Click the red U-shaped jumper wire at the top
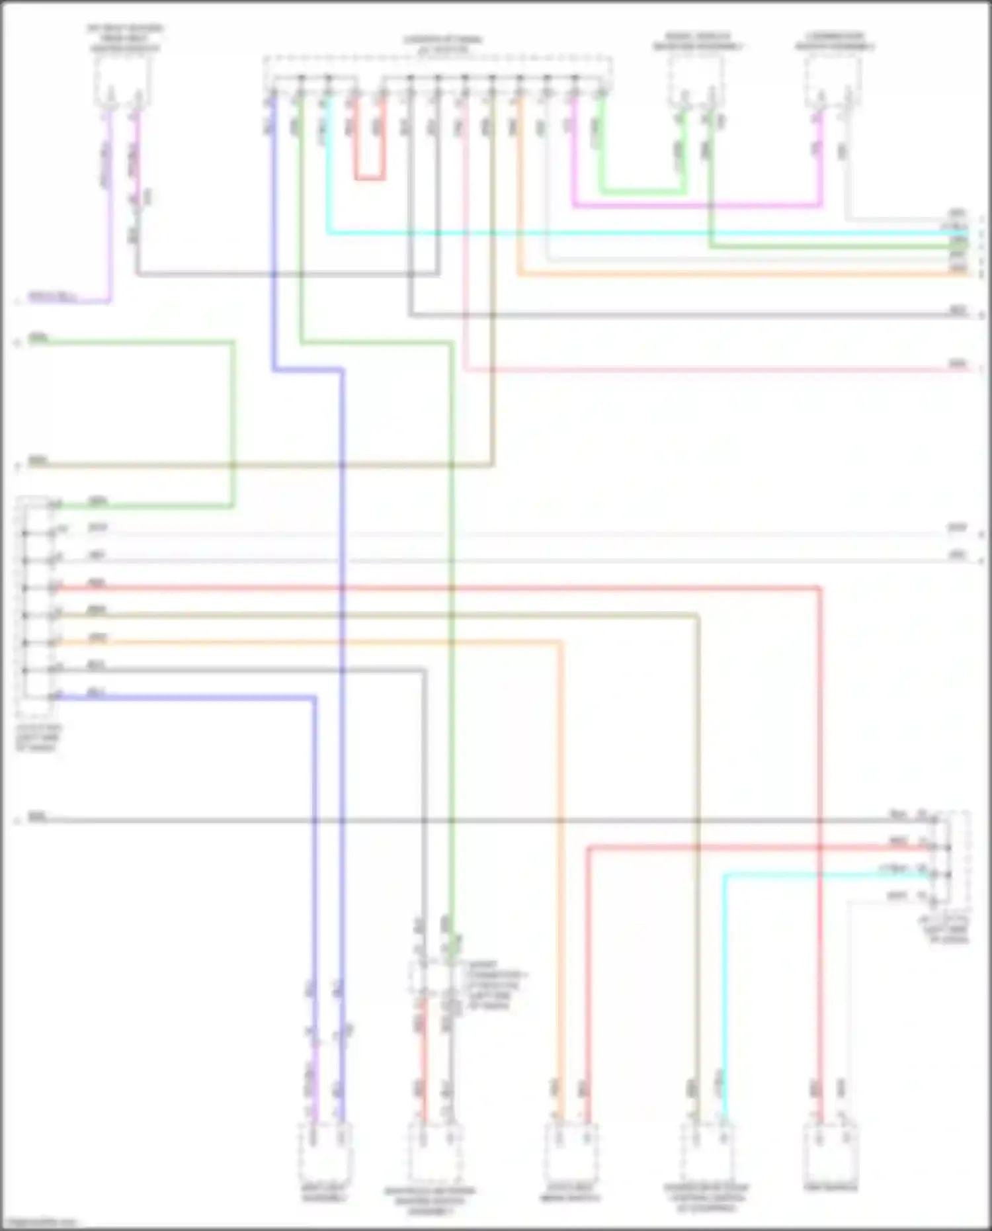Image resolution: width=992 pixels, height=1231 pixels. (369, 178)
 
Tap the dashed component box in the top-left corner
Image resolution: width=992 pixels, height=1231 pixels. (122, 80)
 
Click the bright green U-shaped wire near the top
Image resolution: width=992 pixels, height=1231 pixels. (641, 192)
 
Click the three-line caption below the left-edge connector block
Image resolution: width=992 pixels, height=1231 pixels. (39, 738)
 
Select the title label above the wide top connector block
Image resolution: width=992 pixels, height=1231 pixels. (442, 44)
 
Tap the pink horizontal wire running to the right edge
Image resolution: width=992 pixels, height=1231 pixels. (714, 370)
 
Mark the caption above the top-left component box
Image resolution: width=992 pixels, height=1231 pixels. (125, 38)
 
